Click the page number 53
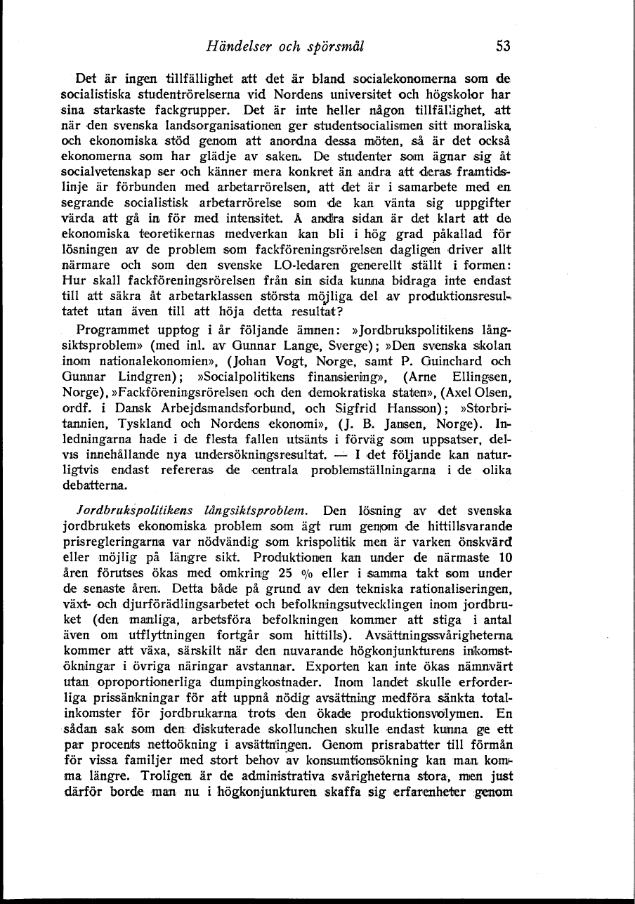[x=503, y=47]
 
